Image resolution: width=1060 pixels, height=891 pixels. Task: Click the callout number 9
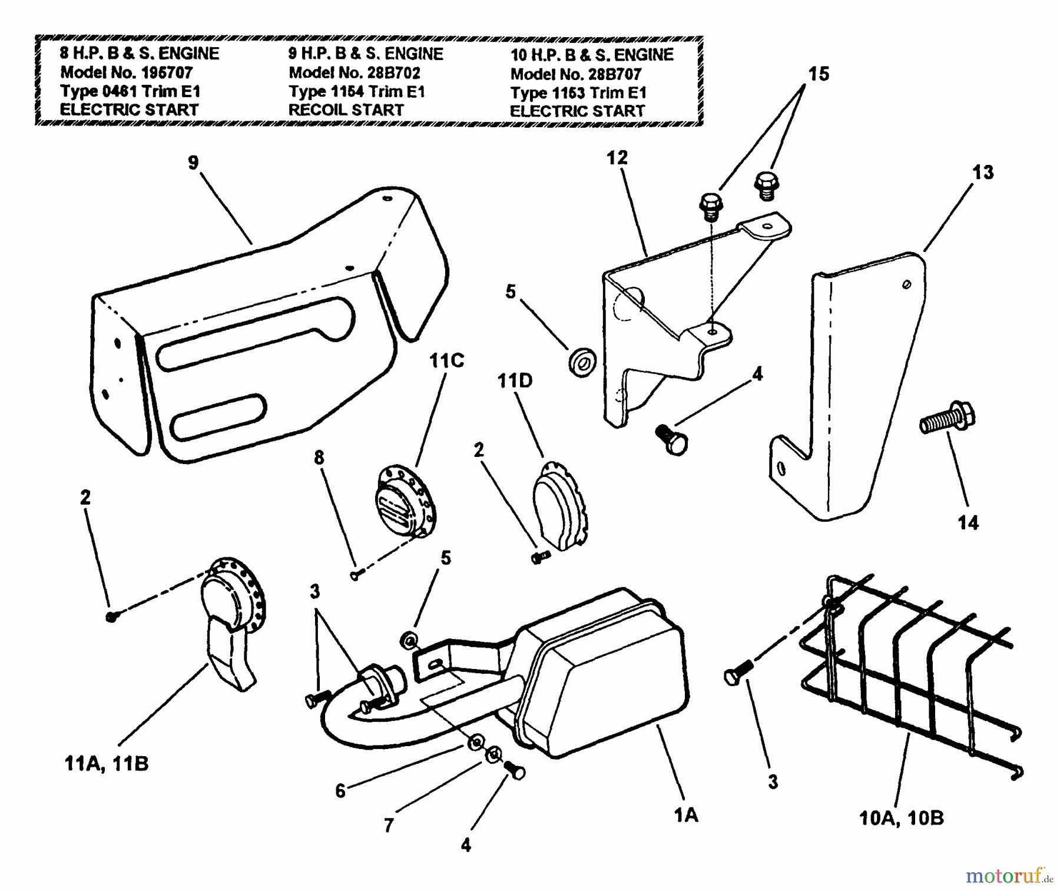pyautogui.click(x=193, y=163)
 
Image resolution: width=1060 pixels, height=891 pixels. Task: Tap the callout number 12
pyautogui.click(x=617, y=158)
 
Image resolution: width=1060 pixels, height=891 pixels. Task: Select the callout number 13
pyautogui.click(x=983, y=172)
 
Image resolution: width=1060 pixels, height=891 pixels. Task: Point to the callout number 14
pyautogui.click(x=968, y=522)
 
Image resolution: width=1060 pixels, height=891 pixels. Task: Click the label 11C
pyautogui.click(x=446, y=360)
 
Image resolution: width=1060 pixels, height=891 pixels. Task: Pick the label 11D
pyautogui.click(x=515, y=381)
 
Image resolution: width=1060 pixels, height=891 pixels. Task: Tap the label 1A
pyautogui.click(x=685, y=815)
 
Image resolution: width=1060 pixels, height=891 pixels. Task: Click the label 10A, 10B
pyautogui.click(x=901, y=818)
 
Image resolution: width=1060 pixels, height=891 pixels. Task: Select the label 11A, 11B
pyautogui.click(x=106, y=764)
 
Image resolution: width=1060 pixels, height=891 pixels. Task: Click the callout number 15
pyautogui.click(x=819, y=74)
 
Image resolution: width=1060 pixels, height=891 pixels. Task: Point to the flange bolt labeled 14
pyautogui.click(x=947, y=419)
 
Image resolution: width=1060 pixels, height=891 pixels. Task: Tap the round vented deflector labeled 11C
pyautogui.click(x=406, y=501)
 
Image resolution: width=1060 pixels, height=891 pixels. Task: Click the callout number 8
pyautogui.click(x=319, y=458)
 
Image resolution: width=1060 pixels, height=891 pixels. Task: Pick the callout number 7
pyautogui.click(x=388, y=826)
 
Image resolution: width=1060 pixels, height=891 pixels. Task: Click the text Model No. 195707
pyautogui.click(x=126, y=72)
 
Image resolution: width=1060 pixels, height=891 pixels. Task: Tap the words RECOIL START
pyautogui.click(x=346, y=110)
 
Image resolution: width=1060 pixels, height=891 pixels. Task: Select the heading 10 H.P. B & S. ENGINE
pyautogui.click(x=591, y=55)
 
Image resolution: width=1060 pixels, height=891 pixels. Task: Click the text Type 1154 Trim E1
pyautogui.click(x=356, y=91)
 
